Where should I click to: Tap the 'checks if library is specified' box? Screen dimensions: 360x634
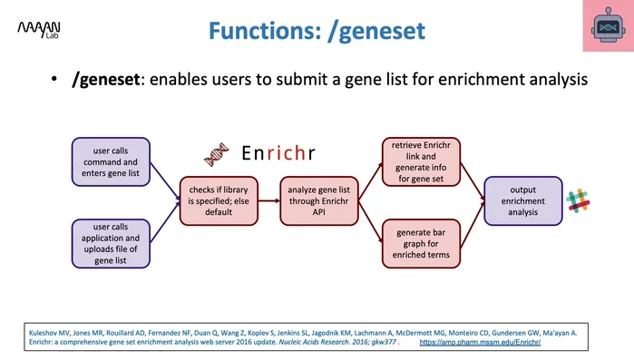point(218,200)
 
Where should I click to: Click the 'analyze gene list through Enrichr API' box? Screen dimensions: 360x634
point(314,200)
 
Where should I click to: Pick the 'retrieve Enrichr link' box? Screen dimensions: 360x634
point(418,161)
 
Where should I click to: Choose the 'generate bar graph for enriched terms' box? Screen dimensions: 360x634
point(418,243)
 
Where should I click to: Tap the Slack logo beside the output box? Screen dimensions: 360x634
point(578,201)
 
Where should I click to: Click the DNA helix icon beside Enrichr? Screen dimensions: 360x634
point(216,154)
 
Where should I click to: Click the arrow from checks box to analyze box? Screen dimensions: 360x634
point(268,200)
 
